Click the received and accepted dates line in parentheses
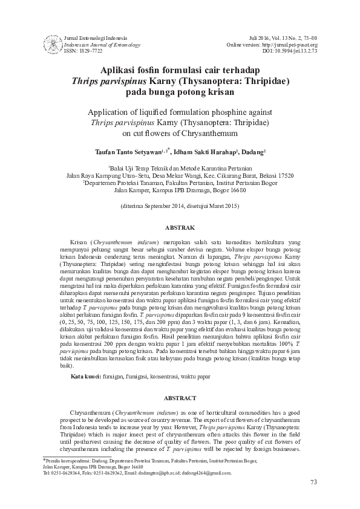click(x=180, y=206)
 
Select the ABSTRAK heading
click(x=180, y=228)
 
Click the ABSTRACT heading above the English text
click(x=180, y=398)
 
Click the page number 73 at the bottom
click(x=313, y=482)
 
